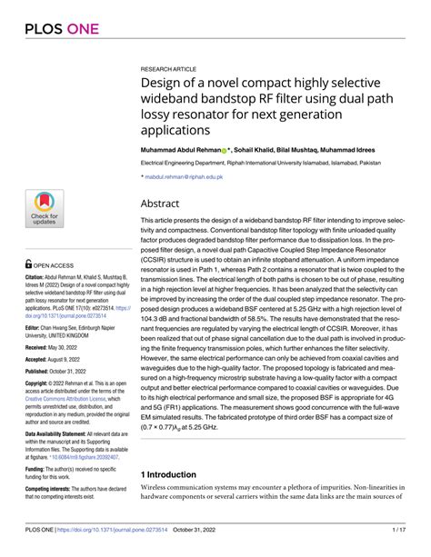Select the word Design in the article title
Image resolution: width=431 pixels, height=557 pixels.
[x=166, y=85]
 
